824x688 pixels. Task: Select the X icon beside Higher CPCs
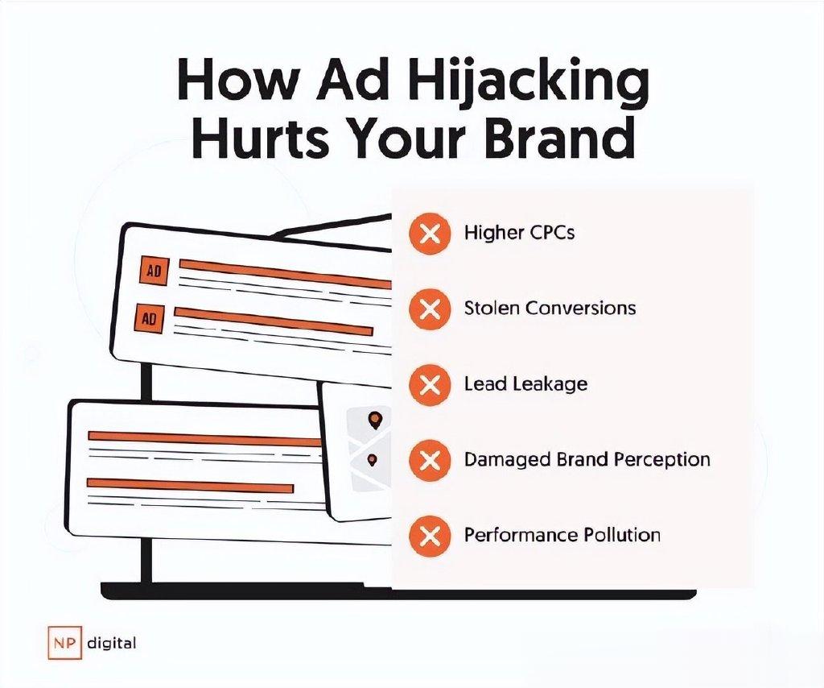click(x=430, y=233)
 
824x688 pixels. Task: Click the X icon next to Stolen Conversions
click(x=430, y=309)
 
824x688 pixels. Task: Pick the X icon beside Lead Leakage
click(x=430, y=384)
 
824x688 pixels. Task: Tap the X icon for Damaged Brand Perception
click(x=430, y=461)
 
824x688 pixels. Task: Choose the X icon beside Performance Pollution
click(x=430, y=536)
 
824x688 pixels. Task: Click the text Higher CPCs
click(x=519, y=233)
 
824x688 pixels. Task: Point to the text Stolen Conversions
click(x=550, y=308)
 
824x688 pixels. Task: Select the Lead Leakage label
click(x=525, y=384)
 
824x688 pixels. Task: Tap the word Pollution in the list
click(x=622, y=535)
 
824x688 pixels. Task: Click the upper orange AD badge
click(x=154, y=271)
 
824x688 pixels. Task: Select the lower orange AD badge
click(x=149, y=318)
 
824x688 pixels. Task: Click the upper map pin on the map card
click(x=375, y=421)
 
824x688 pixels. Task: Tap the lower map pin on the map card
click(x=373, y=460)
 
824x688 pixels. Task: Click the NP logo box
click(x=64, y=642)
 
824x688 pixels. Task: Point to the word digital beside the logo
click(x=111, y=644)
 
